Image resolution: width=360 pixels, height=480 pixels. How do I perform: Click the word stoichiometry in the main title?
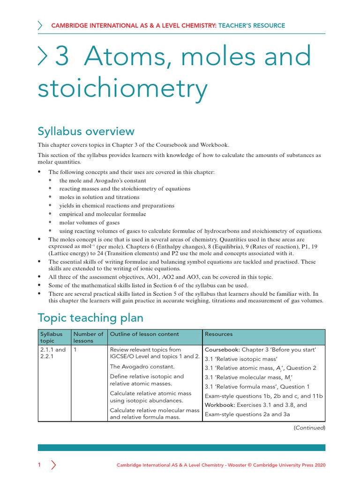tap(122, 89)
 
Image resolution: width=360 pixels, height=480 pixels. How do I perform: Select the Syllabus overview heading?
tap(86, 131)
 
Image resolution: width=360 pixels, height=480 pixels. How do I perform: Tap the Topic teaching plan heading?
tap(90, 318)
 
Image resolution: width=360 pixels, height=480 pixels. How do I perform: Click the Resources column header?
tap(219, 334)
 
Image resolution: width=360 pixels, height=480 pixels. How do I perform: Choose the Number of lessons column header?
tap(88, 337)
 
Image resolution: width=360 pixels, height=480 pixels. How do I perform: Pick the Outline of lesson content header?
tap(144, 334)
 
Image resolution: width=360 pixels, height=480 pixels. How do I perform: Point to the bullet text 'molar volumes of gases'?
tap(89, 223)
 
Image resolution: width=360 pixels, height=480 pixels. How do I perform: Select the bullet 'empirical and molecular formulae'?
tap(103, 214)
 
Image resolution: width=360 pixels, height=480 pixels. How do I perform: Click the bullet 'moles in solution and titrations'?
tap(99, 197)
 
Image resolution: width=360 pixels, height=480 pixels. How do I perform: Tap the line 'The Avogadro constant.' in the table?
tap(142, 367)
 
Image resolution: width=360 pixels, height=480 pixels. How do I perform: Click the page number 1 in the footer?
tap(39, 465)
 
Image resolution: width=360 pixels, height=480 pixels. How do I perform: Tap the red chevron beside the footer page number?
tap(53, 465)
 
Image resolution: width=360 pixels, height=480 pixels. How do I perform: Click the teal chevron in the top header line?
tap(40, 26)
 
